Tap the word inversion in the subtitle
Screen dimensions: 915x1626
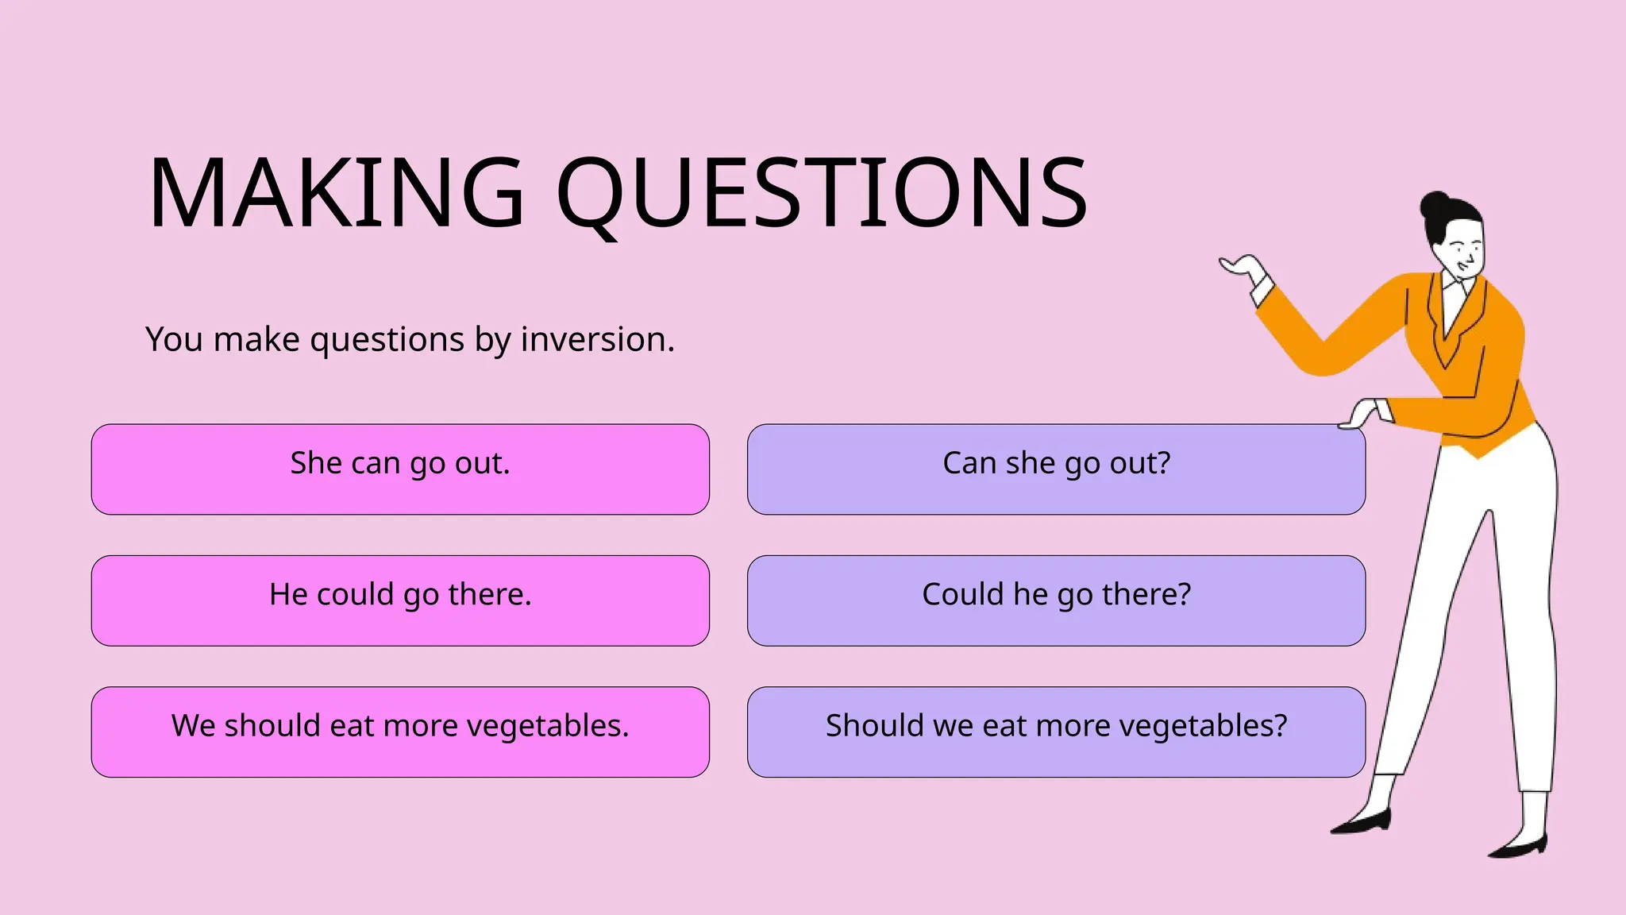[x=597, y=340]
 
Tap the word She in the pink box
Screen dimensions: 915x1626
[x=315, y=463]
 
